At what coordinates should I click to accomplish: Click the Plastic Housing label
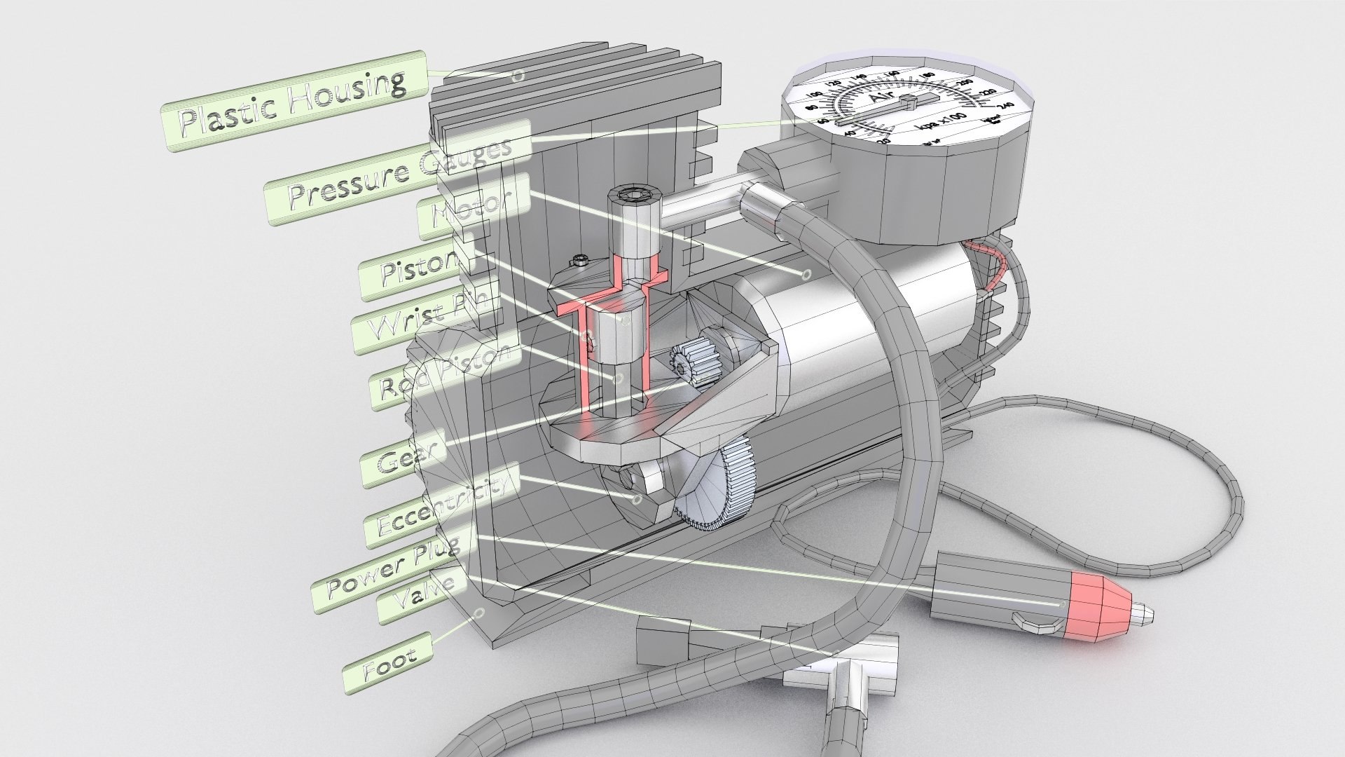pos(294,103)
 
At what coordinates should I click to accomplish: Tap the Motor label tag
pos(473,207)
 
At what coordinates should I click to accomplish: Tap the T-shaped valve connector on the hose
pos(841,676)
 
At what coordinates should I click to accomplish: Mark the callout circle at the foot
pos(479,613)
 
